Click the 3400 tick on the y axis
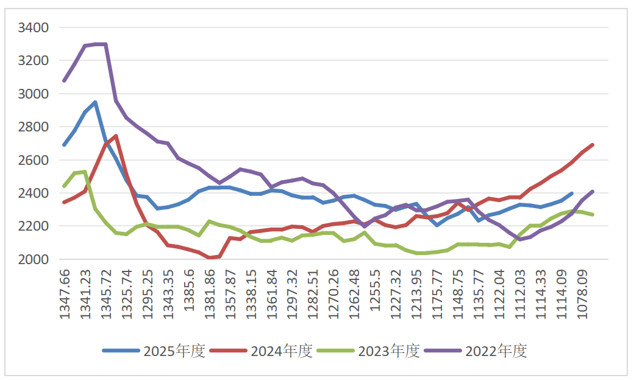34,28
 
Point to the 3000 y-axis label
34,94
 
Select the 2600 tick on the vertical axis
34,161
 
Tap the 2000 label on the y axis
34,260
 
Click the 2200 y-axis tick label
34,226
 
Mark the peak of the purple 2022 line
101,44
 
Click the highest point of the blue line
95,102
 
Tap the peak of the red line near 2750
116,136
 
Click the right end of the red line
593,145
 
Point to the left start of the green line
64,186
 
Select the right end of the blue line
571,194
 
